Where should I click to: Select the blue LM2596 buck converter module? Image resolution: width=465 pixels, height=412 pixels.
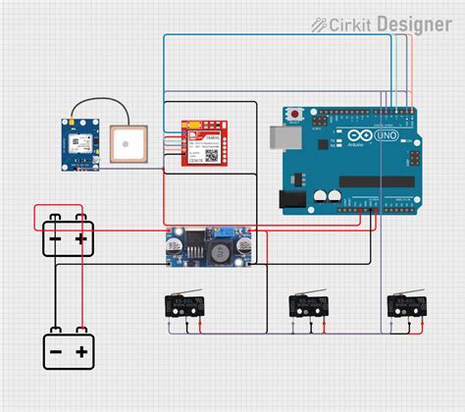208,245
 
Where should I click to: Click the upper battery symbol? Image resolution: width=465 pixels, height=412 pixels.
67,238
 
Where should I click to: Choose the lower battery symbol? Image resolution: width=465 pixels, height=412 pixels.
67,350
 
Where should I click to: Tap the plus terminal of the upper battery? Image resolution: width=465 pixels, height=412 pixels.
81,238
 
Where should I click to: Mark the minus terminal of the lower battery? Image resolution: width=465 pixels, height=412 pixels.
55,351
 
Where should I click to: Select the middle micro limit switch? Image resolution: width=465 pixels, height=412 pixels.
307,305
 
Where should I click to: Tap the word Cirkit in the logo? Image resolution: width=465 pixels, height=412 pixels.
351,24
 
